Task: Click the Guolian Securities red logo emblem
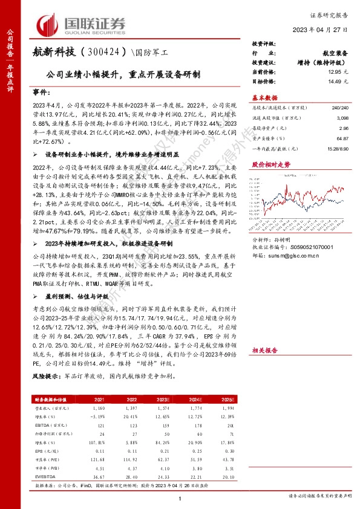pyautogui.click(x=51, y=24)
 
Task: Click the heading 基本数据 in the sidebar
pyautogui.click(x=264, y=97)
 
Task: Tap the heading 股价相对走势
pyautogui.click(x=267, y=164)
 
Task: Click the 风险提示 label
pyautogui.click(x=45, y=375)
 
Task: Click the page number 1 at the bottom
pyautogui.click(x=180, y=498)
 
